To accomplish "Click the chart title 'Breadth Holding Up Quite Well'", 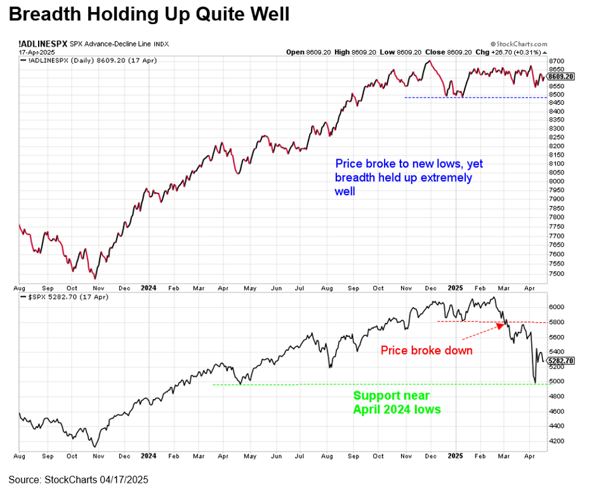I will coord(149,14).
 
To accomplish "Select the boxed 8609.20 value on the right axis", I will coord(561,76).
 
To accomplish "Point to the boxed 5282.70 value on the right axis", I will coord(562,360).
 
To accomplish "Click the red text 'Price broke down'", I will coord(426,350).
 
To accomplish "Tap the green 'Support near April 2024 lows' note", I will coord(397,402).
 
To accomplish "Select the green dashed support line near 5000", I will coord(381,384).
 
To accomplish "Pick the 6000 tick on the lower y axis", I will coord(557,306).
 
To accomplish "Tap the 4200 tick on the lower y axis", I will coord(557,441).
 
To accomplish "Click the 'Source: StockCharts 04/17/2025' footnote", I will coord(78,478).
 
